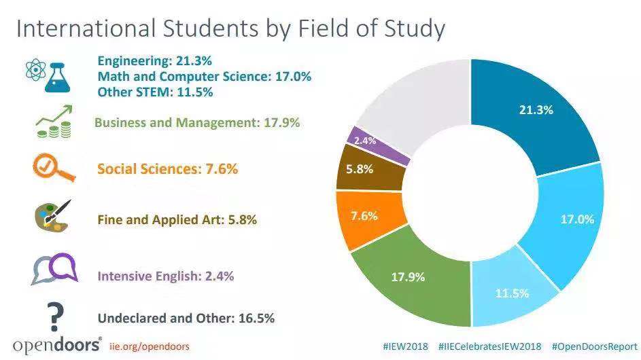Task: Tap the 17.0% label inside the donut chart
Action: click(x=576, y=219)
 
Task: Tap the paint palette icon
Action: click(x=52, y=217)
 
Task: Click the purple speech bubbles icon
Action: click(x=52, y=269)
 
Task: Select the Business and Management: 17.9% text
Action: click(x=197, y=123)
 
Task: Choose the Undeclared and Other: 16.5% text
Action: click(x=186, y=317)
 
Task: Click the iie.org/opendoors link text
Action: click(x=149, y=346)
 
